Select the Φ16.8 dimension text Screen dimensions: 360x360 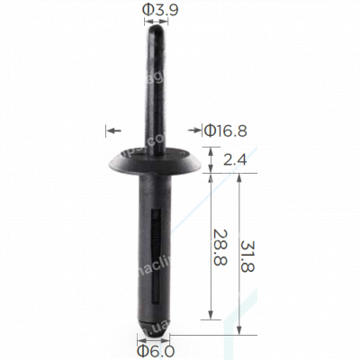click(225, 131)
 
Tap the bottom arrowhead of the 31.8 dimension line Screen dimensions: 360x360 click(239, 328)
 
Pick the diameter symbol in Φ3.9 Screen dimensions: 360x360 click(145, 11)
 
